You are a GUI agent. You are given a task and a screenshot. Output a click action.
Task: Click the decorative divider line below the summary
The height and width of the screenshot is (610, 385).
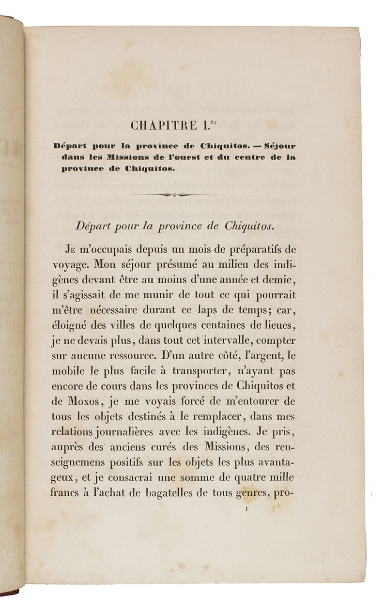[174, 195]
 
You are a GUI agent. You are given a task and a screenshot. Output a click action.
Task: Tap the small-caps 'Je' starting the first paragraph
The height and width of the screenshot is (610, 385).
[70, 250]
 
